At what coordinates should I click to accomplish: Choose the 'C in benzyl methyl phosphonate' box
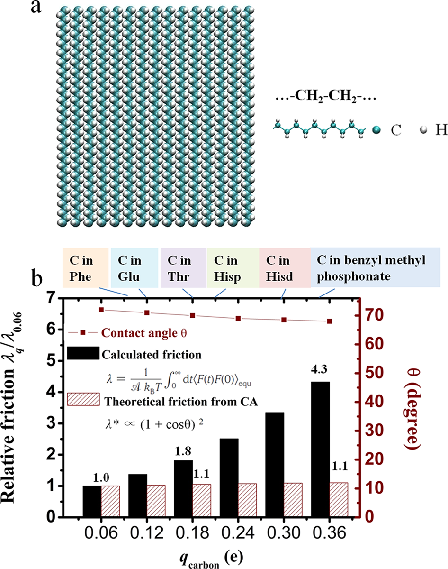(x=375, y=267)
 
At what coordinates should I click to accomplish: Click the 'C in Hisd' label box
(x=285, y=267)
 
